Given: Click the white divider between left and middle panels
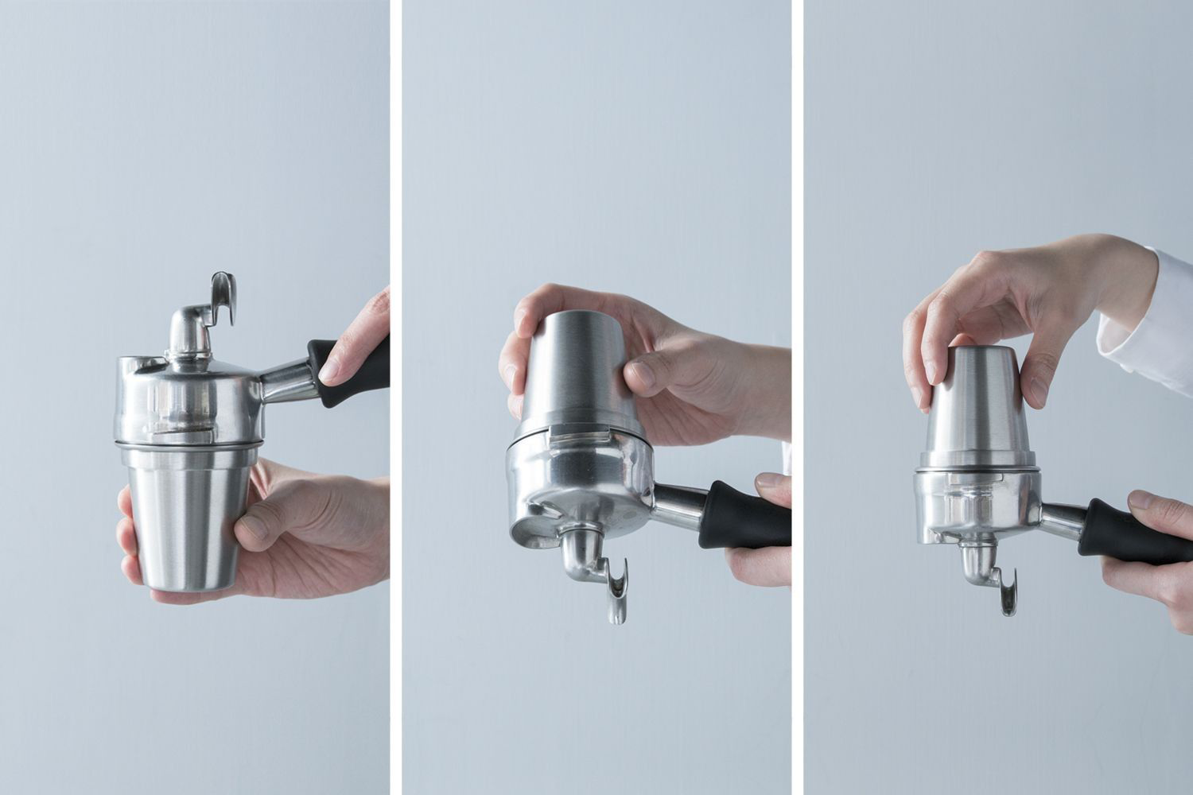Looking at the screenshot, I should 395,397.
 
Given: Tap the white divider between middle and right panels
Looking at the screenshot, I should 798,397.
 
